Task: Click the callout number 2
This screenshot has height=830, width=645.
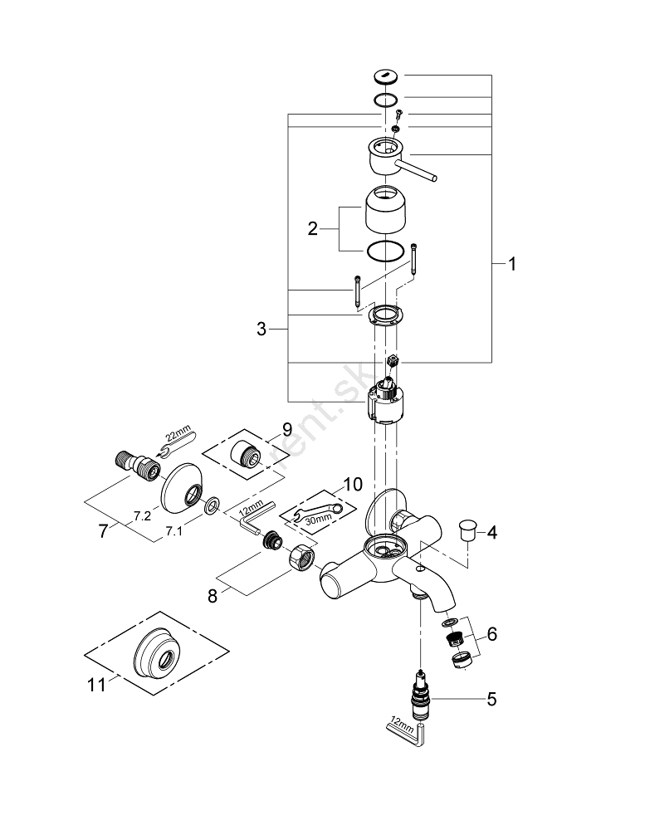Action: pyautogui.click(x=313, y=228)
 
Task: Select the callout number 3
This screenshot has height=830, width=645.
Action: pyautogui.click(x=262, y=330)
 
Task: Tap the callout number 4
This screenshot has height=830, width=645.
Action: pyautogui.click(x=492, y=531)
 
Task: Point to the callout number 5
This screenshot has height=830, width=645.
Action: pyautogui.click(x=491, y=699)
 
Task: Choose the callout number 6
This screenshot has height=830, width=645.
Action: pyautogui.click(x=492, y=634)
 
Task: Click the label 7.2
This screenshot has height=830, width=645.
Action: pyautogui.click(x=142, y=515)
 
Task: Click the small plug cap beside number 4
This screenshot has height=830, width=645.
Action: pyautogui.click(x=469, y=528)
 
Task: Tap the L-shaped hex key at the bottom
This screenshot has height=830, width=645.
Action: pyautogui.click(x=409, y=730)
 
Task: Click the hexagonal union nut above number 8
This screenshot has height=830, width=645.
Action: pyautogui.click(x=301, y=558)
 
